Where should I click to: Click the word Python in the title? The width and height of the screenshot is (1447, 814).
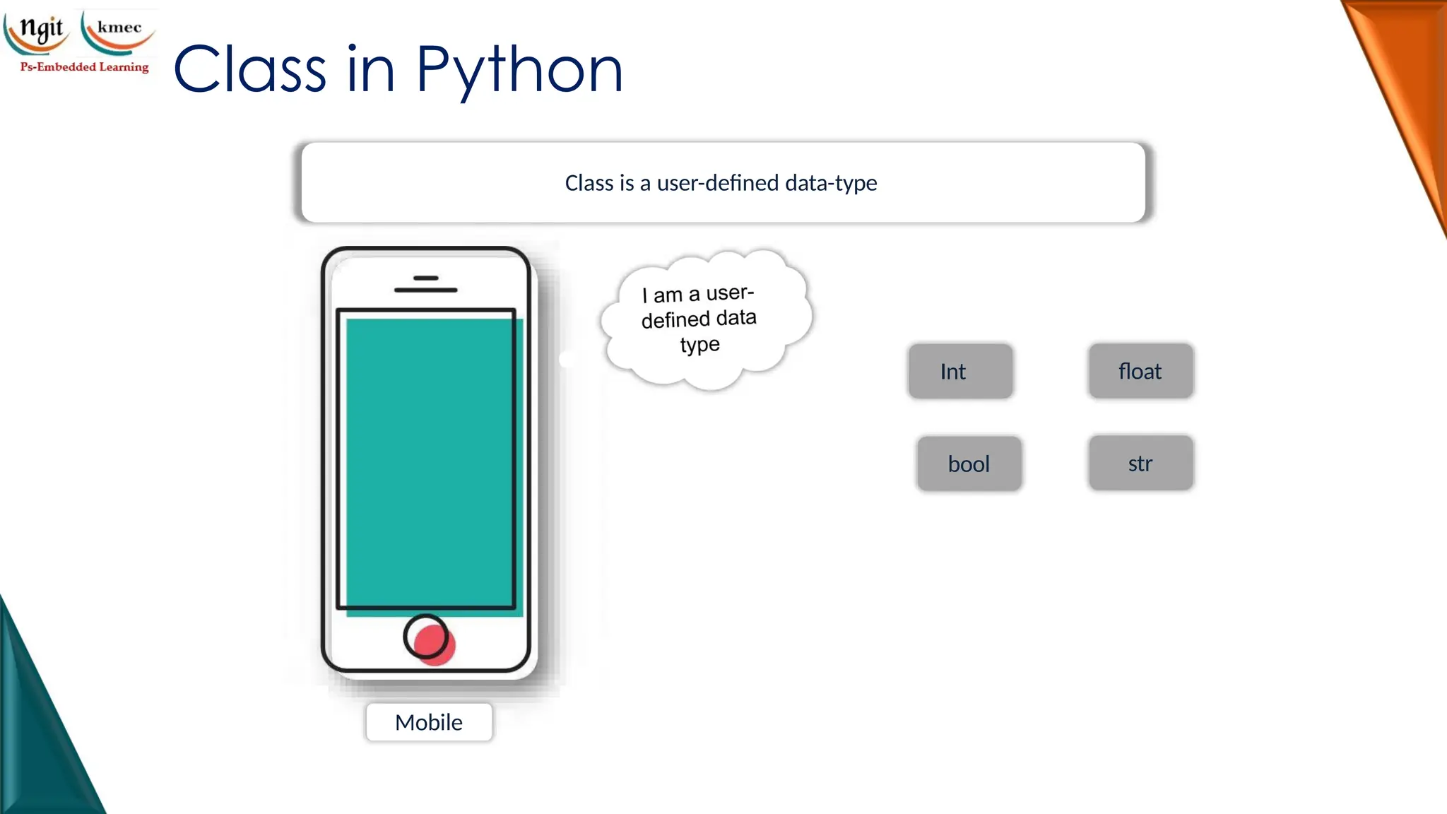[519, 71]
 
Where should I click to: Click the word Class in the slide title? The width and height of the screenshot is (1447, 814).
[249, 71]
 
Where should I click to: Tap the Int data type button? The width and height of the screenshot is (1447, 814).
[960, 371]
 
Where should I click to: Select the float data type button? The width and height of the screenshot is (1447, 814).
[1140, 371]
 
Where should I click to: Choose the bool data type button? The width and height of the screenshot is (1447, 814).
[969, 464]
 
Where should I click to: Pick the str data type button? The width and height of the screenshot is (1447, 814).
[1140, 463]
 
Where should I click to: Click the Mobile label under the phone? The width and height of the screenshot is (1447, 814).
[429, 722]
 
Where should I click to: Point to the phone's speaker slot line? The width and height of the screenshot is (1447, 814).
[425, 290]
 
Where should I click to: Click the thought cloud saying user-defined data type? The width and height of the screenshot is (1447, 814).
[705, 318]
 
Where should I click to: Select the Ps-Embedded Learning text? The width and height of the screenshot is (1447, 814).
[85, 67]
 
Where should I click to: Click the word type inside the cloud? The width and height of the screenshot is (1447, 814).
[700, 345]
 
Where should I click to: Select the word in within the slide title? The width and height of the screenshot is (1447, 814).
[370, 71]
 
